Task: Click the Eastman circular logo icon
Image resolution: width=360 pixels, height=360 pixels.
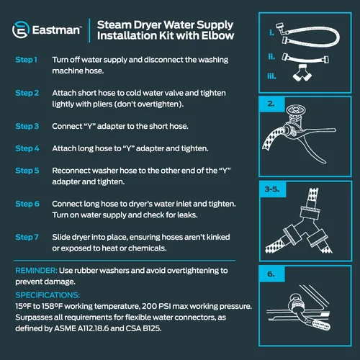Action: [x=21, y=30]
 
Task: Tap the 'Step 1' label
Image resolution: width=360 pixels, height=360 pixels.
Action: [x=27, y=60]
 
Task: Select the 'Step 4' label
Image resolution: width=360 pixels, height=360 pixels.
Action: [x=27, y=148]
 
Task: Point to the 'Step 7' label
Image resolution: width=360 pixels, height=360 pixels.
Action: [x=27, y=237]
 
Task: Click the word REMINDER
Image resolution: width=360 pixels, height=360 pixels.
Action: [x=36, y=271]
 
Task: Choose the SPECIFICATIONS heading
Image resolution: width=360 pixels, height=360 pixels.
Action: [x=48, y=295]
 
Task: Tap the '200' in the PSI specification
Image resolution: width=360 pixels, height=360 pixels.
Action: [x=149, y=306]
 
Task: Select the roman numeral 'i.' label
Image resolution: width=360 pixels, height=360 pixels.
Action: [x=271, y=32]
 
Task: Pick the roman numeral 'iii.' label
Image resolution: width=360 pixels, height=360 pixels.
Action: [x=271, y=76]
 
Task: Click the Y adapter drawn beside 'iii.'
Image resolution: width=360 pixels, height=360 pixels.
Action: [x=302, y=73]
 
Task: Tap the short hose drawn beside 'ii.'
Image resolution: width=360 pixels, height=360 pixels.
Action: [x=305, y=58]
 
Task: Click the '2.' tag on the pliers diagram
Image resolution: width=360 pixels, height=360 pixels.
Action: [x=271, y=104]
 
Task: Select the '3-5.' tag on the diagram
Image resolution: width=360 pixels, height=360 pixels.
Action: [x=272, y=189]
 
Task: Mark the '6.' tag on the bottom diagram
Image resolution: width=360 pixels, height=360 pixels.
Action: [x=271, y=274]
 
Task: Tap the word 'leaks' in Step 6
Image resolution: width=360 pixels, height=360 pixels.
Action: [x=187, y=215]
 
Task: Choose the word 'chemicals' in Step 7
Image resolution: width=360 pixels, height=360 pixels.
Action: [x=147, y=248]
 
